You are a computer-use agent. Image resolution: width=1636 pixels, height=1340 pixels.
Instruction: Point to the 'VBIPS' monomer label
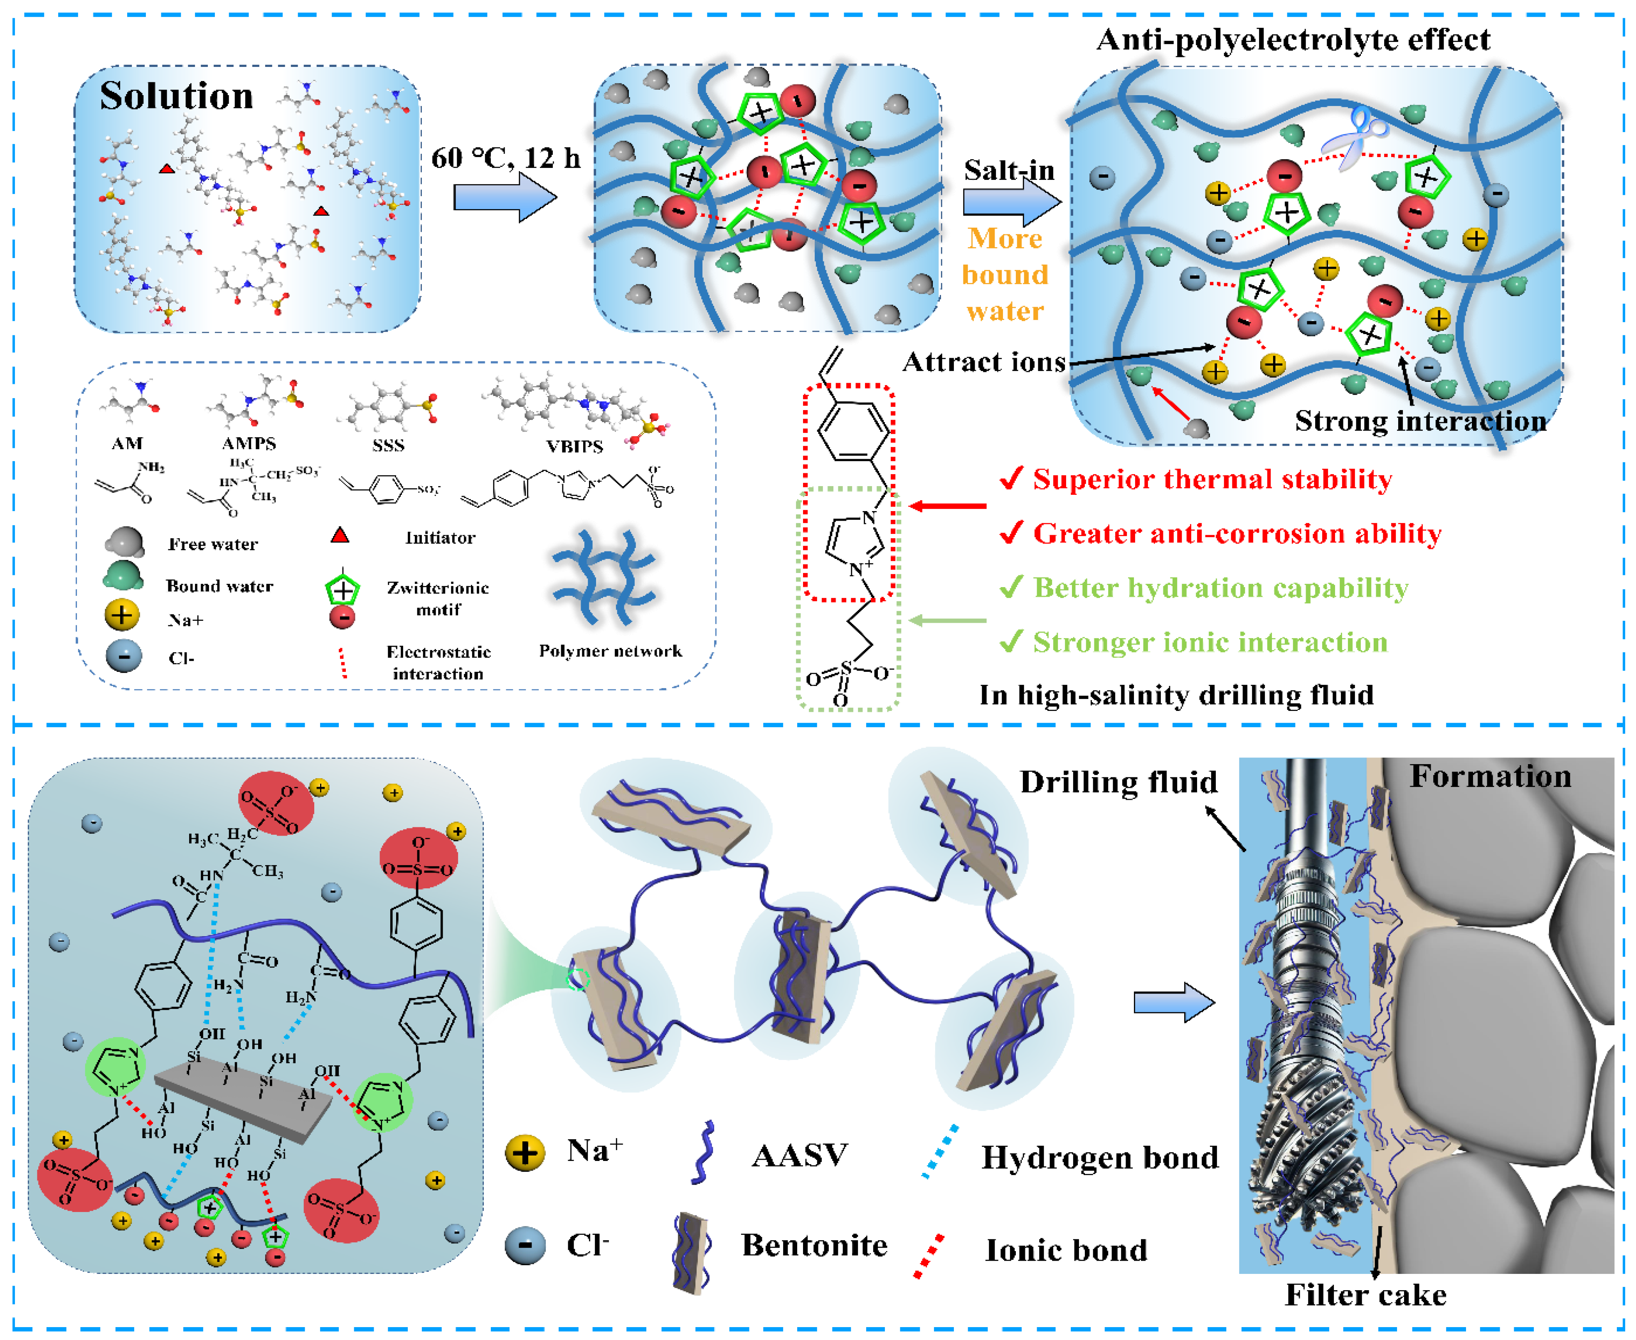(574, 446)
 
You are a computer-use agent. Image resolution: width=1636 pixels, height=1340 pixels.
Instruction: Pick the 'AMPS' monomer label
(249, 443)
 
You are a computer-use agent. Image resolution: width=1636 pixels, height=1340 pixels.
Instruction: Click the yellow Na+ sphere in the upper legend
(121, 616)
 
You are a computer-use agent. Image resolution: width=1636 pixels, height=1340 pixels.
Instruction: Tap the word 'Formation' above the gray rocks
(1490, 777)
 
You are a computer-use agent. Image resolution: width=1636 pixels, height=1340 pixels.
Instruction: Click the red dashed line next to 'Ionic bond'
(928, 1256)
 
